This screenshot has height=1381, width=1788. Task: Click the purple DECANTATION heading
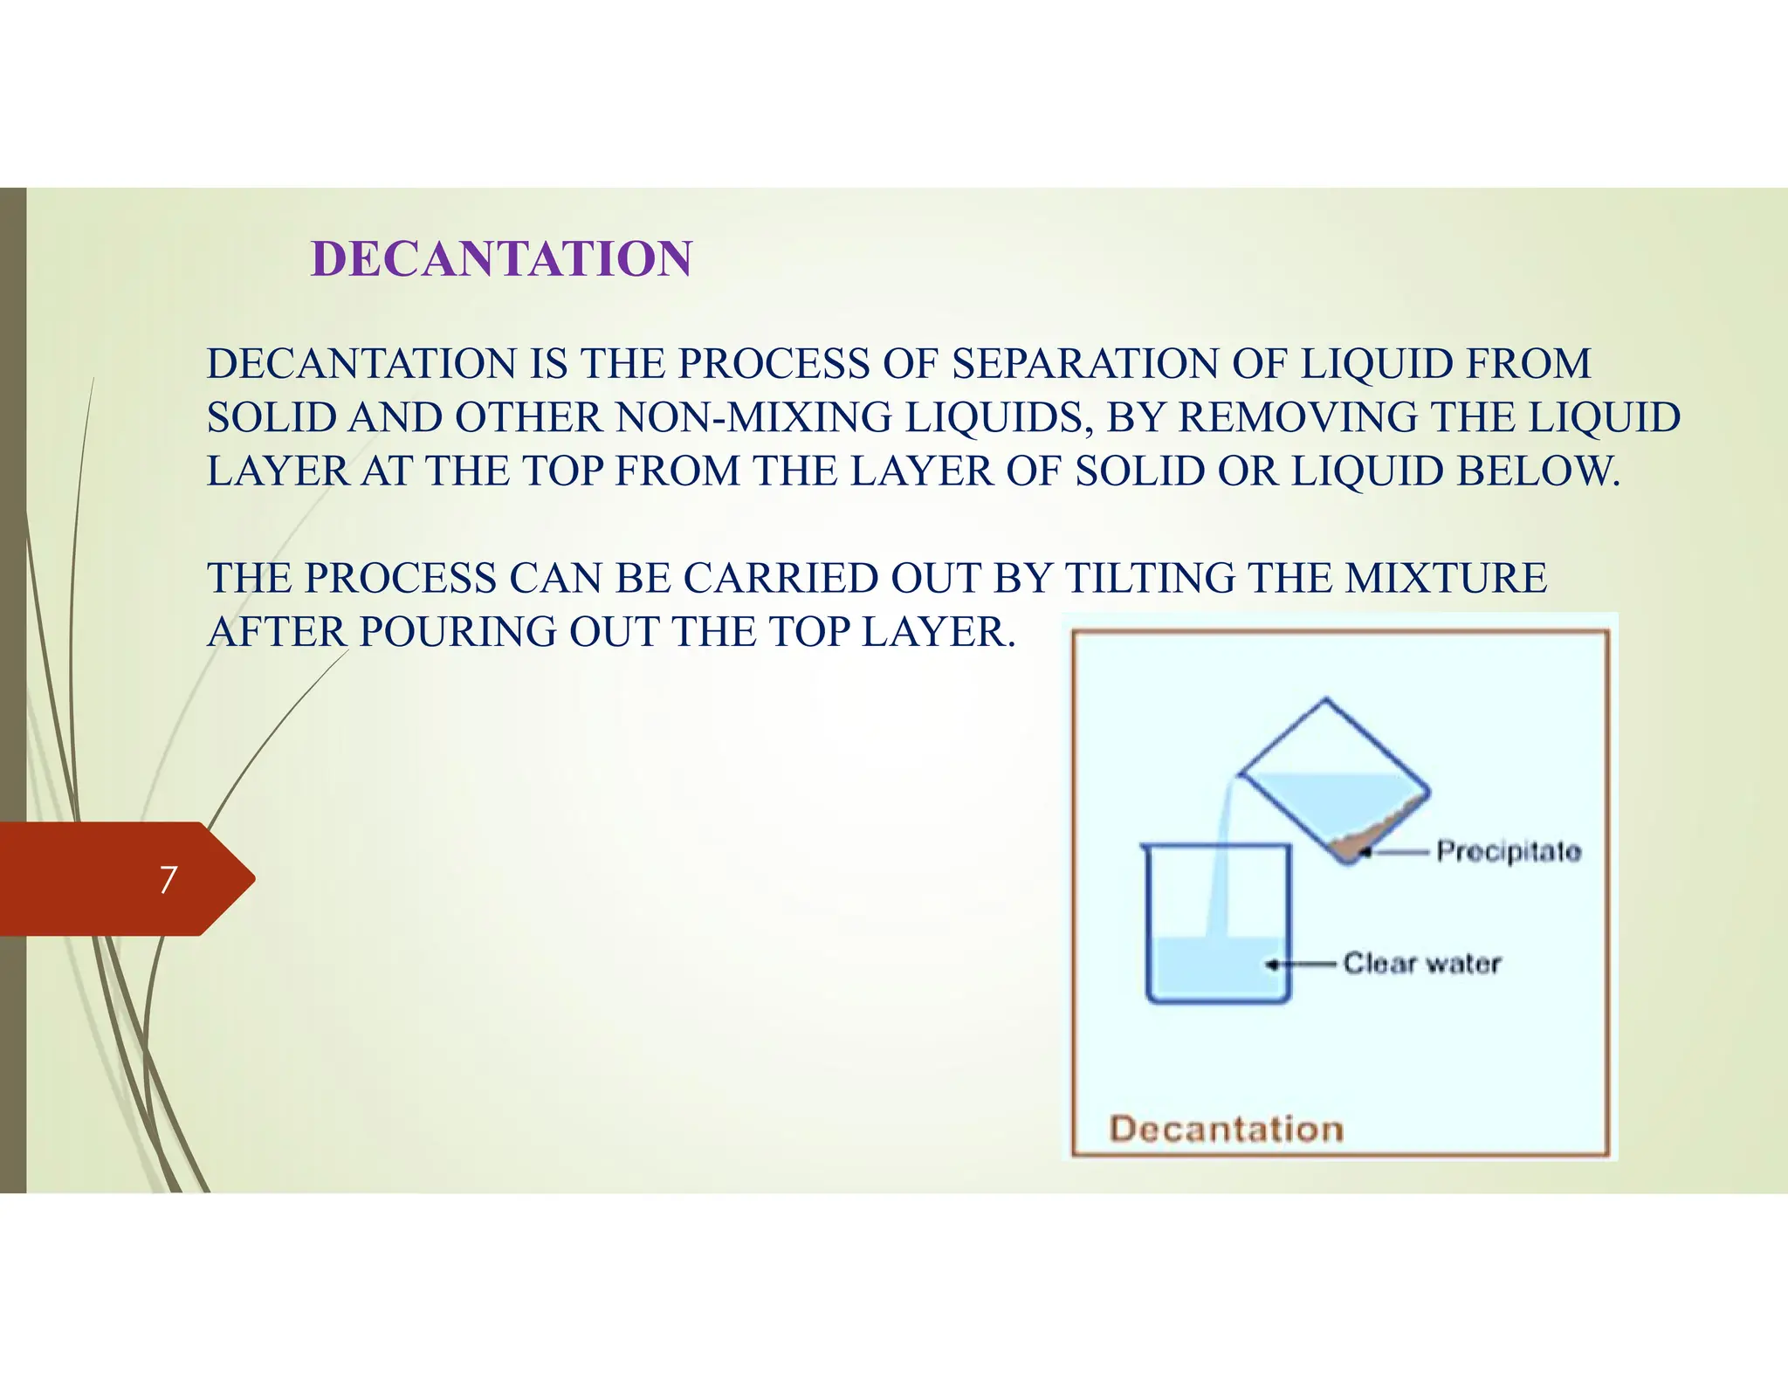click(501, 259)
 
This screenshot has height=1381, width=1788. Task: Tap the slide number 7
click(168, 879)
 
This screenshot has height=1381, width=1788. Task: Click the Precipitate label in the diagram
click(1509, 851)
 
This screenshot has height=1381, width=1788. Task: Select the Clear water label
click(1422, 964)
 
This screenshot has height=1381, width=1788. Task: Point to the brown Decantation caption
click(1226, 1130)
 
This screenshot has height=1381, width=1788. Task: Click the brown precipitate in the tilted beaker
click(1362, 842)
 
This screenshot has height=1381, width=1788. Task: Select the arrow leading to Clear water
click(1301, 965)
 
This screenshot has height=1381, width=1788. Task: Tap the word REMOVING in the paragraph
click(1297, 418)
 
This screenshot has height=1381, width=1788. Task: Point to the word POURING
click(457, 632)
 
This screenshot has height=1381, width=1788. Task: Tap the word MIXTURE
click(1446, 579)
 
